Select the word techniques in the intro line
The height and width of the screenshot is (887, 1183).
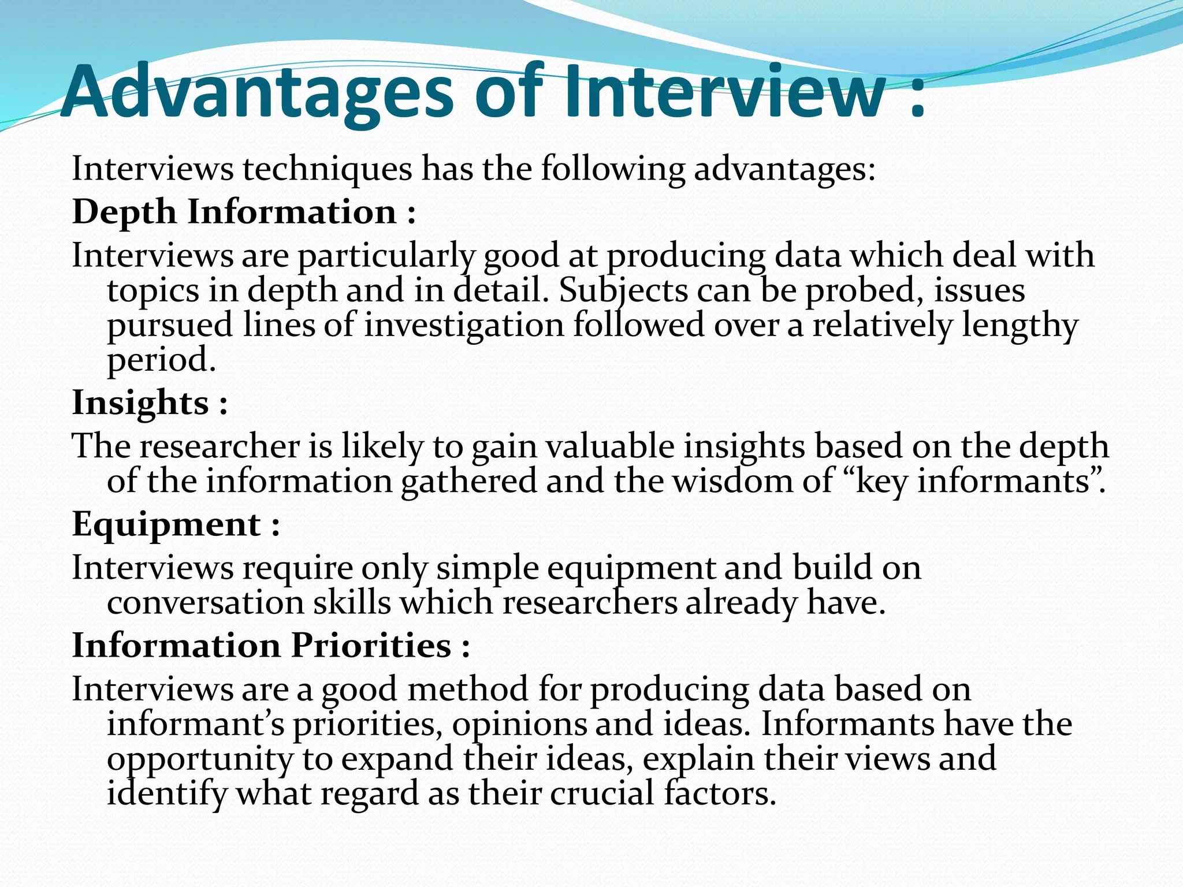(327, 169)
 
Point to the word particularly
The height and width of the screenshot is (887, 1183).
(386, 256)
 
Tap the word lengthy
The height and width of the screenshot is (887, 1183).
(1020, 325)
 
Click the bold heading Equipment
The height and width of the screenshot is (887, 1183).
(166, 524)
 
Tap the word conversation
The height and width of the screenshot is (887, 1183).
(206, 603)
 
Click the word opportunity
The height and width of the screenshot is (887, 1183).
(200, 759)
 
